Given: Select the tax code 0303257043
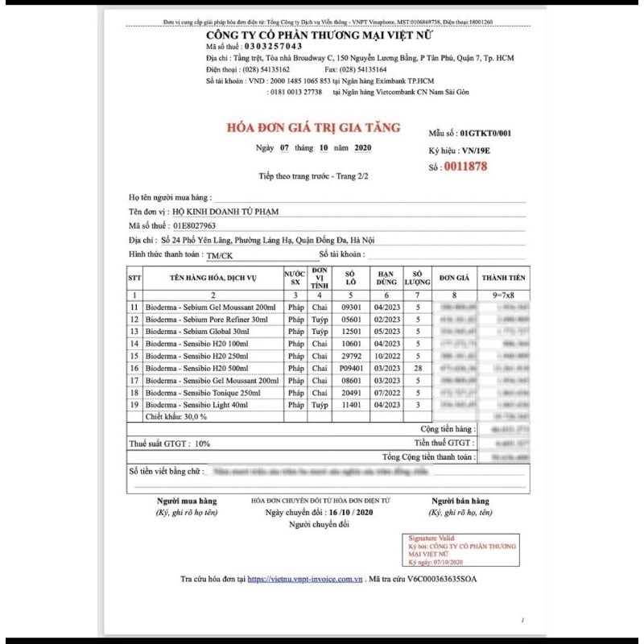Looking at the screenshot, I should click(269, 47).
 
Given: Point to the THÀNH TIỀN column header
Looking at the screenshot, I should click(503, 278).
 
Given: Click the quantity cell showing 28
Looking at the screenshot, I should click(417, 369).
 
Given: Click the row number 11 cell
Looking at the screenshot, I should click(135, 308).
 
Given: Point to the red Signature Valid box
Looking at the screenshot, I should click(463, 548).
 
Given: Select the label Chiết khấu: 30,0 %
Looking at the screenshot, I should click(176, 417).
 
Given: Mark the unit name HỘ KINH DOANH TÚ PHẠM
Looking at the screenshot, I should click(220, 211).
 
